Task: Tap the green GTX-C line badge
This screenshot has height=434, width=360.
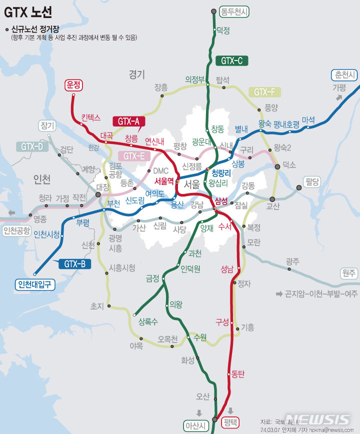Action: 231,61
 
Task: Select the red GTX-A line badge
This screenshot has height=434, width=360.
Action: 129,121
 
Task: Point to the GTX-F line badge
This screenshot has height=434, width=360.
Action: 264,92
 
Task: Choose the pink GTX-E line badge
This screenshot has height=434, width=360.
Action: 133,156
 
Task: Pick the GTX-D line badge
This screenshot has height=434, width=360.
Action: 32,147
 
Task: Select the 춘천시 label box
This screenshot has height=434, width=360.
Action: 344,75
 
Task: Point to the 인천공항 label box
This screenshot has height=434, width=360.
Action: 16,231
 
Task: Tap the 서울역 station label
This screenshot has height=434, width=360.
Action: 164,181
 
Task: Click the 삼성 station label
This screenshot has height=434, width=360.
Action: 220,201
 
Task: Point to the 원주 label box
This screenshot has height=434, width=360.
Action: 349,273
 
